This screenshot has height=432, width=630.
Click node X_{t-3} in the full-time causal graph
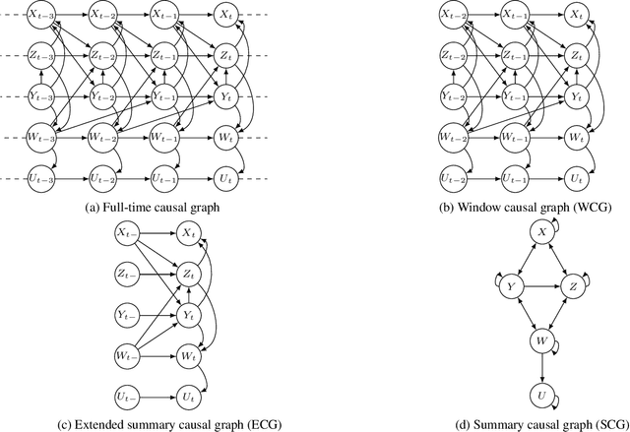[x=40, y=15]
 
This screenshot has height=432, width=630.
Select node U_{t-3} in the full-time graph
[x=40, y=179]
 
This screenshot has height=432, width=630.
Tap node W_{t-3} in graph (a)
[x=40, y=138]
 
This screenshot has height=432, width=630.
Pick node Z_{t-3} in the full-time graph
[x=40, y=56]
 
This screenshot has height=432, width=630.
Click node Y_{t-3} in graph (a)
[x=40, y=96]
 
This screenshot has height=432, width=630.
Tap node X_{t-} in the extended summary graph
[x=127, y=234]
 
